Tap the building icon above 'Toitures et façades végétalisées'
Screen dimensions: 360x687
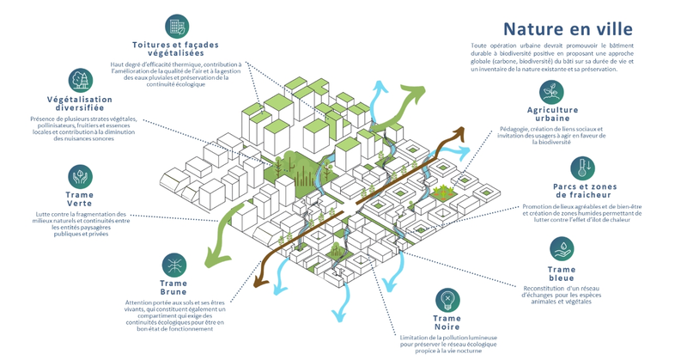pyautogui.click(x=176, y=25)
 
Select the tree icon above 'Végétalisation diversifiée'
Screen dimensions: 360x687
pyautogui.click(x=80, y=80)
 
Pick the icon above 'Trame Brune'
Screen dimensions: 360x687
pyautogui.click(x=174, y=265)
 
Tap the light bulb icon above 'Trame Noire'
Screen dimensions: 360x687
pyautogui.click(x=447, y=301)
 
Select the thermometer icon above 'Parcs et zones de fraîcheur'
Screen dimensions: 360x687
pyautogui.click(x=581, y=168)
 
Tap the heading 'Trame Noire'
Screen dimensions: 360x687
pyautogui.click(x=447, y=323)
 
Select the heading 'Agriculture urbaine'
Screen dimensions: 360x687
pyautogui.click(x=552, y=114)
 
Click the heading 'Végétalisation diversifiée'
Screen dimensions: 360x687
pyautogui.click(x=80, y=105)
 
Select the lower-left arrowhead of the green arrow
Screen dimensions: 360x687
pyautogui.click(x=209, y=258)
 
